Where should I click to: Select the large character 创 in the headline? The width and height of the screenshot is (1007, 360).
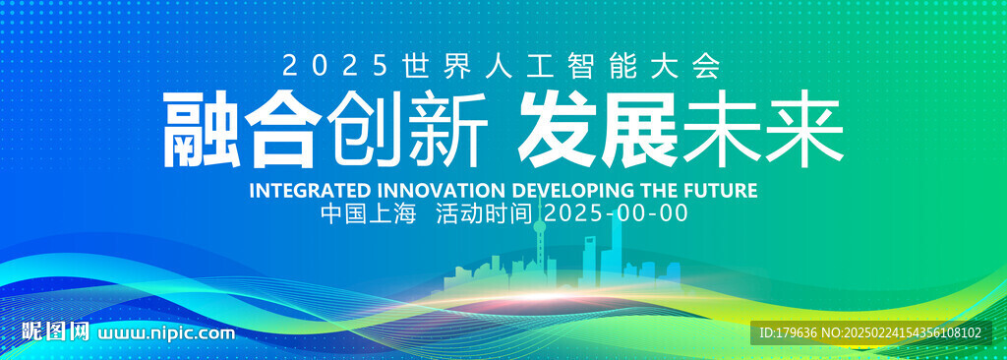(364, 130)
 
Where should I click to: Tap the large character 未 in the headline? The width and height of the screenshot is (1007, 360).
(721, 130)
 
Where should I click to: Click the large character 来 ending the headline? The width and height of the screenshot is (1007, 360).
(803, 130)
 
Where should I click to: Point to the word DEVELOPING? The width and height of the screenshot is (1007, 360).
(574, 191)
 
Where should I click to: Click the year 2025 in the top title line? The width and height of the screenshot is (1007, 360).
(336, 66)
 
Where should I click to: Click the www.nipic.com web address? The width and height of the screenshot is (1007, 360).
(165, 333)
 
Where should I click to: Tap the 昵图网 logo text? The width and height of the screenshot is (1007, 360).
(55, 331)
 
